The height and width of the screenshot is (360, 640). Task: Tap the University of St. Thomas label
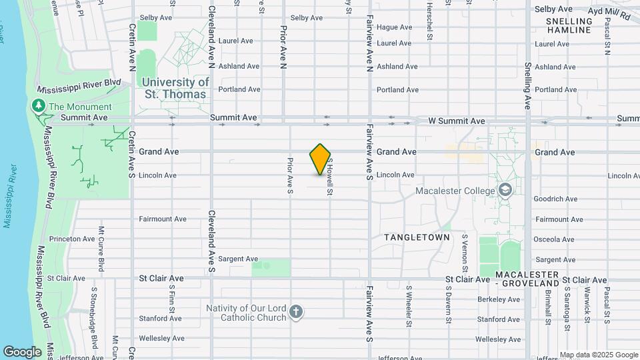pos(176,88)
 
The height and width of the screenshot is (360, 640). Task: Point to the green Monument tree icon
pos(39,106)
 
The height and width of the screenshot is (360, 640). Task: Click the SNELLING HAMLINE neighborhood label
pos(569,25)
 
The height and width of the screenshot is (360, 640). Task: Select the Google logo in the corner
pos(22,351)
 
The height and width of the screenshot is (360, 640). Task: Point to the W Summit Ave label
pos(457,121)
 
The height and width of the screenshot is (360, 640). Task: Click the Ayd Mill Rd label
pos(609,11)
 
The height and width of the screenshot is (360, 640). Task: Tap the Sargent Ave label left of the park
pos(238,259)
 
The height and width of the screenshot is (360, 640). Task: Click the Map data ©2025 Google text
pos(598,355)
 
